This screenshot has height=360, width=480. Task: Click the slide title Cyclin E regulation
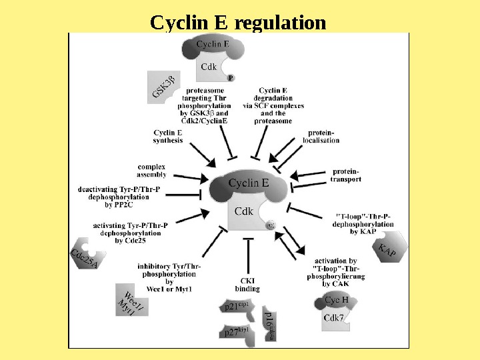[x=238, y=23]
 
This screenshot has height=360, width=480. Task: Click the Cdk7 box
[x=333, y=319]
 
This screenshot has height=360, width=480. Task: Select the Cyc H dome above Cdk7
[x=335, y=301]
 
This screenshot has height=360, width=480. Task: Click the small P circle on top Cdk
[x=231, y=77]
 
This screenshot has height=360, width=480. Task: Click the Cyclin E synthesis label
[x=168, y=137]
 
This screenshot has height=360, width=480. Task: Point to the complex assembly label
[x=151, y=170]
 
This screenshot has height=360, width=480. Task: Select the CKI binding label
[x=247, y=285]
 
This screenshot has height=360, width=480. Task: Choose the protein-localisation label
[x=321, y=137]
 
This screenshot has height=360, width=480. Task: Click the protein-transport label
[x=346, y=175]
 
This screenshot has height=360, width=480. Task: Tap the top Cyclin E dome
[x=213, y=45]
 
